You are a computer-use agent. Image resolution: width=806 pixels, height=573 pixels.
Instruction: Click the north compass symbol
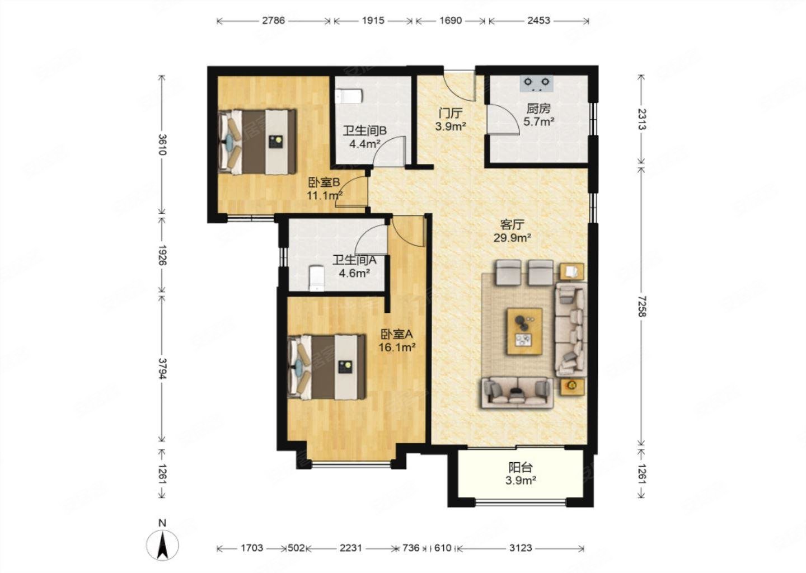coord(163,544)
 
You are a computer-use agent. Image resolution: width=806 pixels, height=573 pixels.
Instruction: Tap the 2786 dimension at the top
coord(274,21)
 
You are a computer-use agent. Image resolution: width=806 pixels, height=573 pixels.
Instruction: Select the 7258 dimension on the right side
coord(641,306)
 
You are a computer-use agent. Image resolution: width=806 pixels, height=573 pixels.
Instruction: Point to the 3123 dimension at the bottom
coord(521,548)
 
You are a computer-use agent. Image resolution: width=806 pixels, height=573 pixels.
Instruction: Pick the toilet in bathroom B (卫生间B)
coord(349,97)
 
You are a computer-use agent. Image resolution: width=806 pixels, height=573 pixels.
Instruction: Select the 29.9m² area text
coord(512,238)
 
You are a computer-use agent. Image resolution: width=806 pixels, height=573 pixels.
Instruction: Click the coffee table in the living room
coord(524,331)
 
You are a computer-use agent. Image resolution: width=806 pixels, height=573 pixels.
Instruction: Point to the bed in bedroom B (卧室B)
coord(257,142)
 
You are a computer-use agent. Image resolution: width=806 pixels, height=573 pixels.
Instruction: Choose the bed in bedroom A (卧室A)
coord(327,367)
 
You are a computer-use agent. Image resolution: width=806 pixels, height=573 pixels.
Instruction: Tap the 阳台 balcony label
coord(521,468)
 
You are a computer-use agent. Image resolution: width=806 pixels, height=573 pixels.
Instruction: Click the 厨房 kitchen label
coord(538,109)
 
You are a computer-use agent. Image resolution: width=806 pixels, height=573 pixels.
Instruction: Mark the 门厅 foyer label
coord(451,114)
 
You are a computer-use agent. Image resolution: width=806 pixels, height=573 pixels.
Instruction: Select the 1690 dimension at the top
coord(451,21)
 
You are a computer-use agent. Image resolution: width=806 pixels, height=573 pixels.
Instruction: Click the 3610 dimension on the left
coord(163,144)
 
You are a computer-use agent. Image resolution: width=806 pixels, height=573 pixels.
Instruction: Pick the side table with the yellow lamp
coord(571,386)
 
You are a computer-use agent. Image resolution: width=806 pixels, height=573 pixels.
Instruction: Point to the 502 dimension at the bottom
coord(296,548)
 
